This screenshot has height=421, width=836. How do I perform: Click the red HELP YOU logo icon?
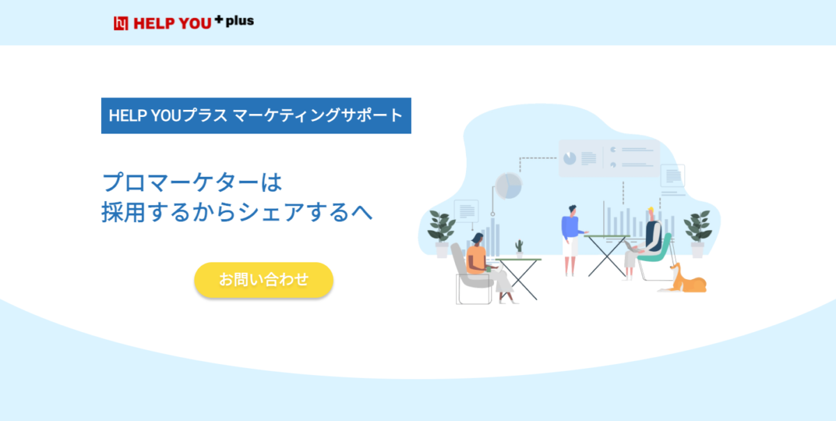click(121, 23)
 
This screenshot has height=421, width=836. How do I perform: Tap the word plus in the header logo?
click(240, 21)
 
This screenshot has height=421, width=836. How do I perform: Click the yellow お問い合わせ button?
click(263, 280)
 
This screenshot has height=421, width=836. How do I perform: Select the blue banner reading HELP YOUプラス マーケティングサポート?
click(256, 116)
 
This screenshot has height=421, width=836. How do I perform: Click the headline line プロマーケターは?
click(192, 182)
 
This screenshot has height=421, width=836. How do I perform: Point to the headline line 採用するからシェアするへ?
click(237, 212)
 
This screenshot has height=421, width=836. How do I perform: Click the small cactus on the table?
click(519, 248)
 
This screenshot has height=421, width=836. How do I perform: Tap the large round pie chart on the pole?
click(509, 186)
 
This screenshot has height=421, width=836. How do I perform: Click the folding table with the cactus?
click(519, 278)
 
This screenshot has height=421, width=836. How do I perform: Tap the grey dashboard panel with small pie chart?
click(609, 159)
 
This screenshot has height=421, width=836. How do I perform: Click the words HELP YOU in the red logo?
click(173, 24)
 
